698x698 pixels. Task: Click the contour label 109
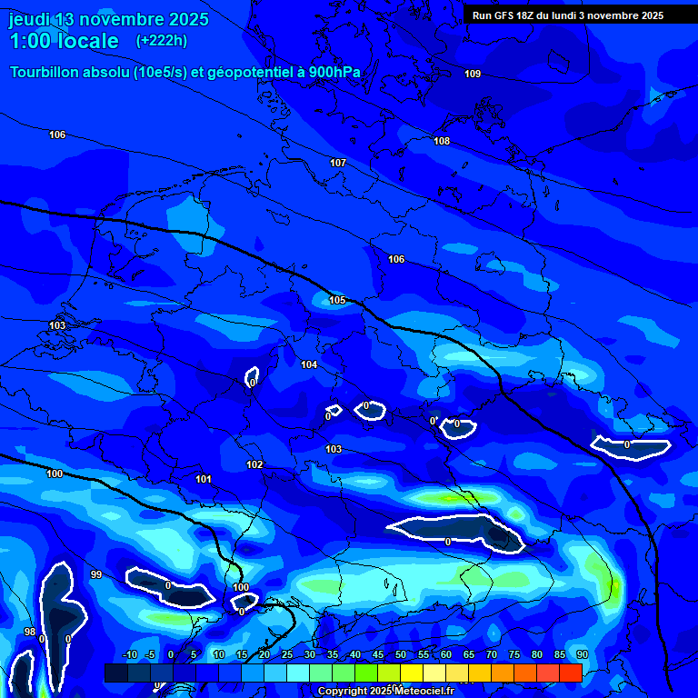tap(473, 74)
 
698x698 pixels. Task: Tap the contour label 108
tap(442, 141)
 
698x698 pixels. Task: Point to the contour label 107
tap(338, 163)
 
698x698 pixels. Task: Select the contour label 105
tap(337, 300)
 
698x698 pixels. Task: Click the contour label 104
tap(309, 364)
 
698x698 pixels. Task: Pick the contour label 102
tap(254, 464)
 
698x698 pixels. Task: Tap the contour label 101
tap(204, 479)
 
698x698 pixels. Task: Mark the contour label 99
tap(96, 574)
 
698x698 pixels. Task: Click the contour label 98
tap(29, 632)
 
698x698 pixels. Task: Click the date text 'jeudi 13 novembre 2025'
tap(108, 19)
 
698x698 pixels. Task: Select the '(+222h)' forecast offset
tap(161, 41)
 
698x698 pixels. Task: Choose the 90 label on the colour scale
tap(582, 655)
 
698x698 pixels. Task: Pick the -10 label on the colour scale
tap(129, 655)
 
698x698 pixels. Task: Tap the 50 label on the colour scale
tap(401, 655)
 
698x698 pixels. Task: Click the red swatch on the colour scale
tap(570, 673)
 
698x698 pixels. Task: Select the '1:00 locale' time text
tap(64, 41)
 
